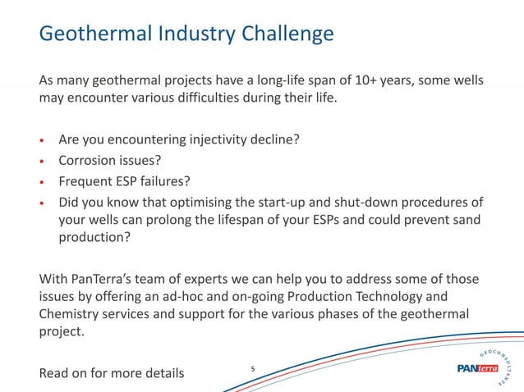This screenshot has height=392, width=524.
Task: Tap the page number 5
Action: (x=252, y=370)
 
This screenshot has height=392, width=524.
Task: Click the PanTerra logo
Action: (x=476, y=368)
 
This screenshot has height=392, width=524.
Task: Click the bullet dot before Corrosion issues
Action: (x=43, y=161)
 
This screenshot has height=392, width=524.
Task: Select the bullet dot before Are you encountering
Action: (x=43, y=139)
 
